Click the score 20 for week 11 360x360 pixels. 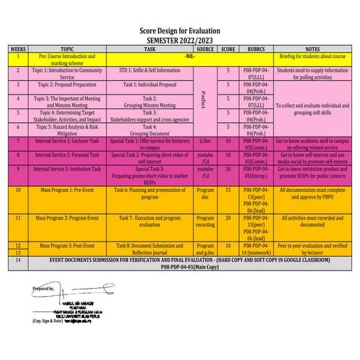pyautogui.click(x=228, y=218)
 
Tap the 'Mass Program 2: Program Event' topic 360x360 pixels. pyautogui.click(x=68, y=218)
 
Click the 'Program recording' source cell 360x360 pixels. pyautogui.click(x=206, y=221)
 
